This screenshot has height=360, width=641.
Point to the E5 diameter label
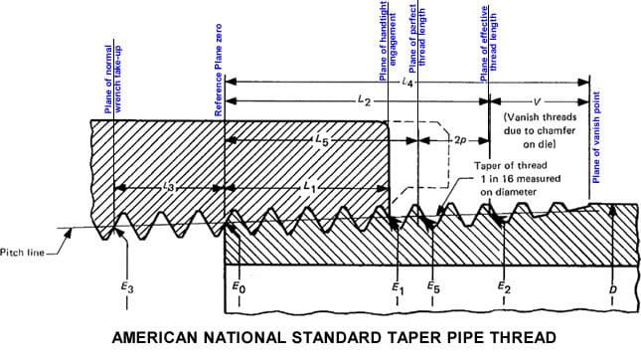[x=432, y=288]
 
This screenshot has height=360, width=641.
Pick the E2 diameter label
[x=503, y=288]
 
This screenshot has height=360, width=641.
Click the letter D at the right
[x=613, y=288]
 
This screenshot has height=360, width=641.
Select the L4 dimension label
[x=408, y=84]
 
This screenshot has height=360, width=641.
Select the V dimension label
[x=538, y=100]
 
